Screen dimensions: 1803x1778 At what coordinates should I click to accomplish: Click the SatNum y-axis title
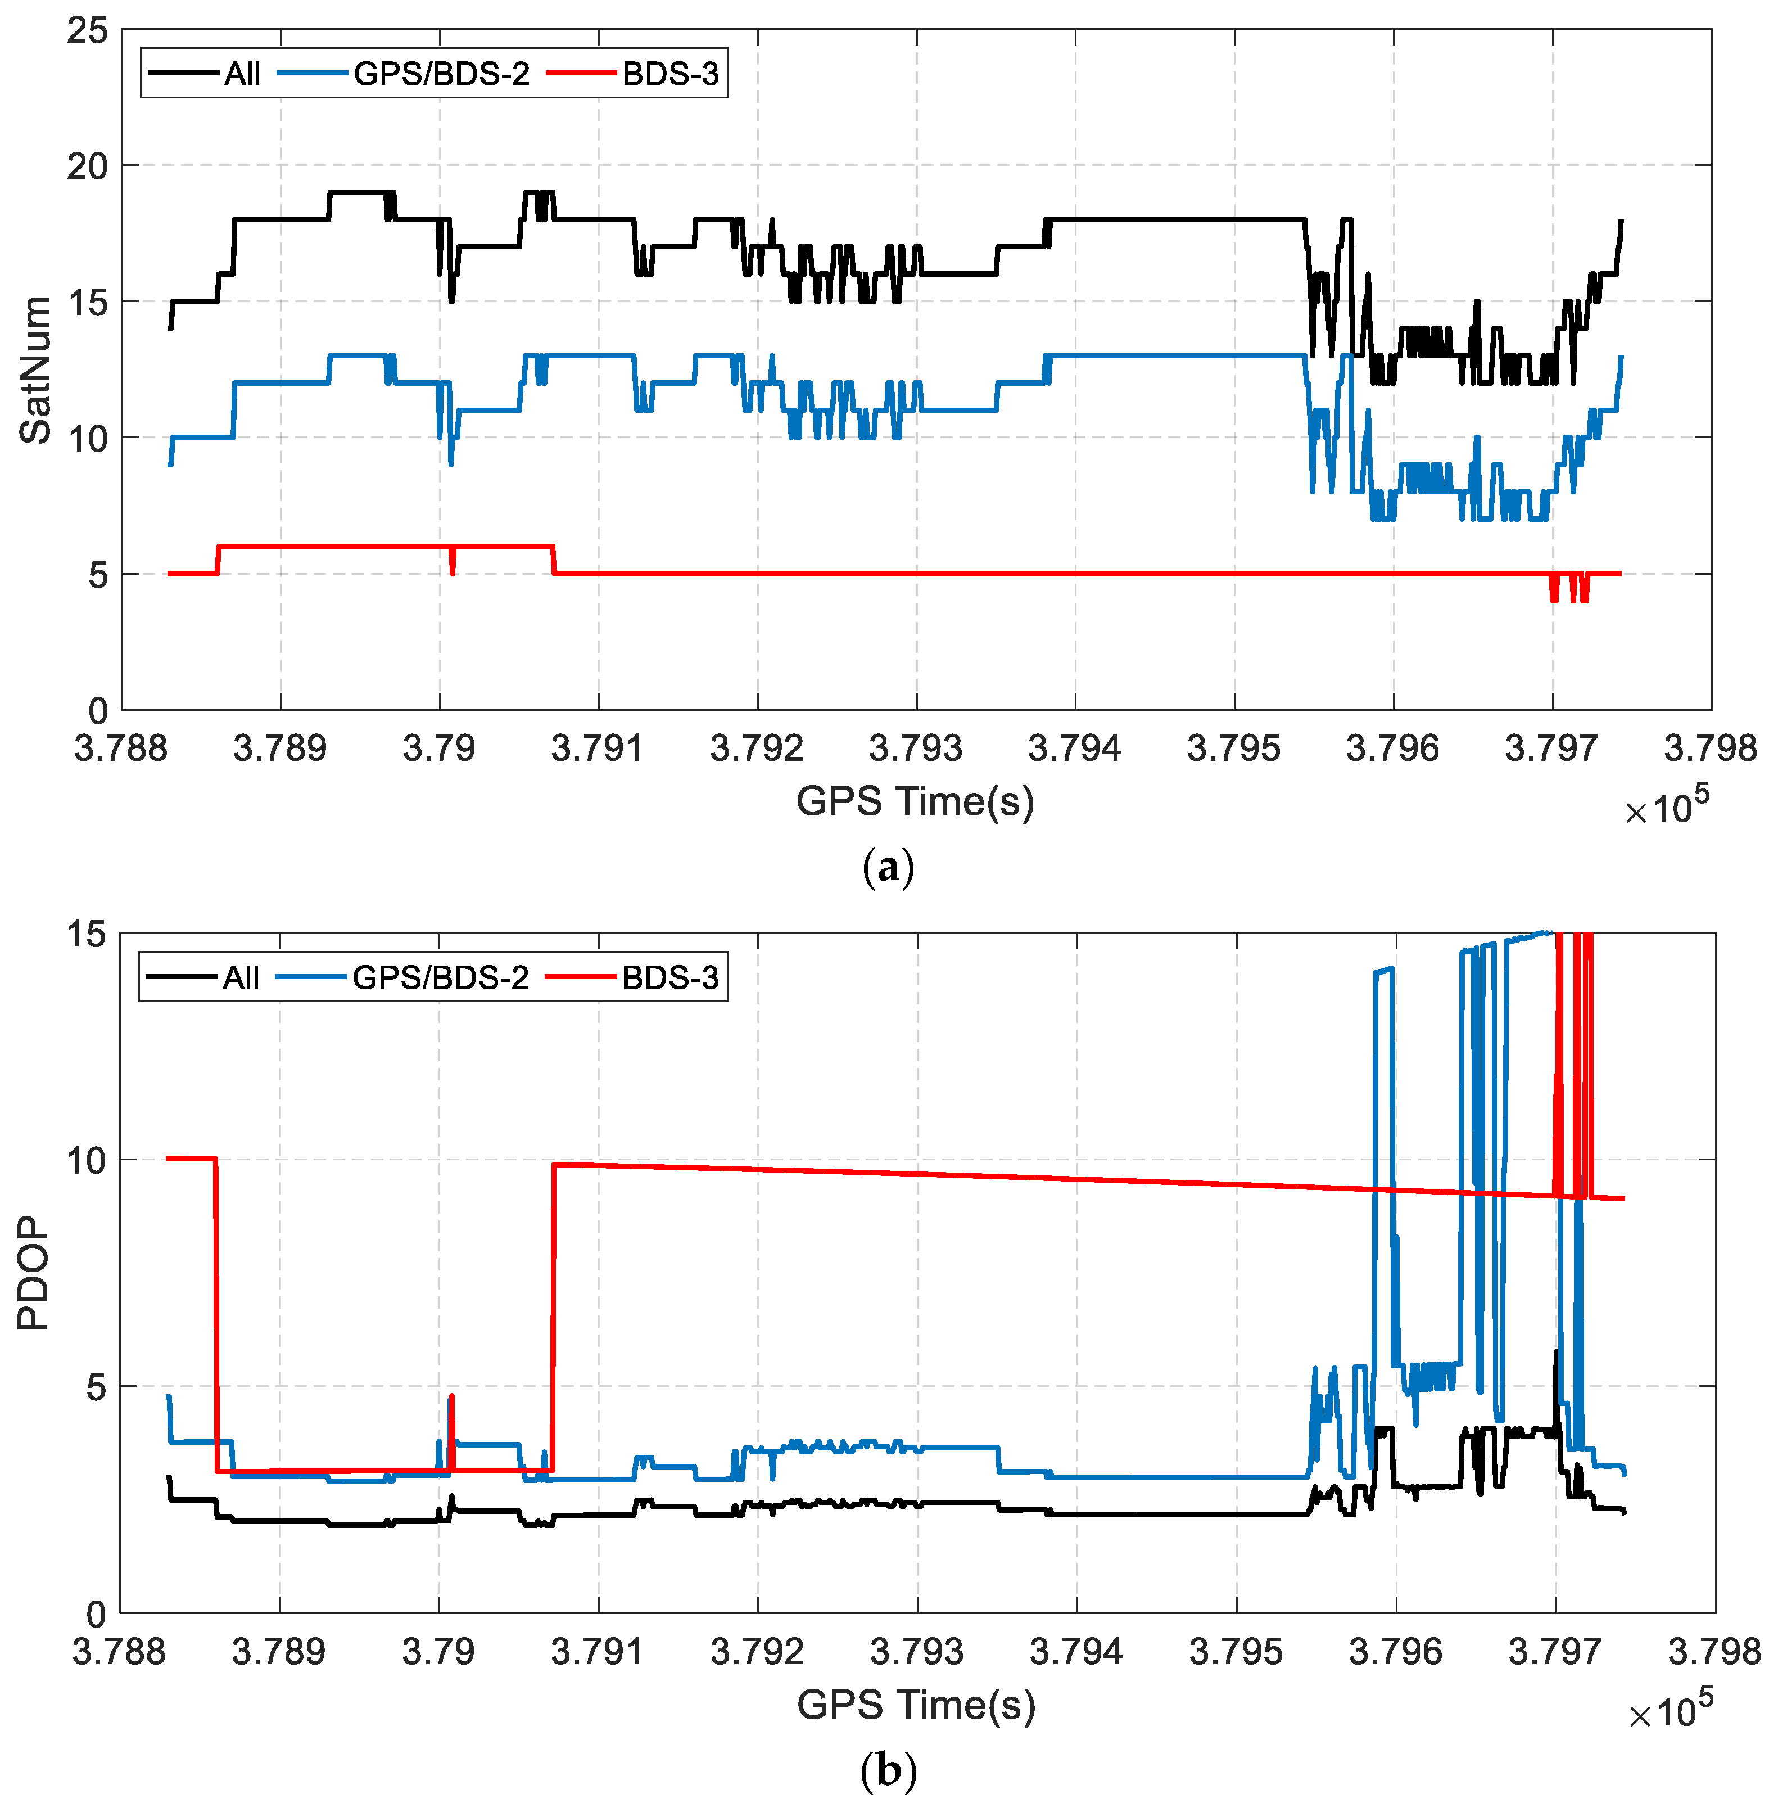pos(35,369)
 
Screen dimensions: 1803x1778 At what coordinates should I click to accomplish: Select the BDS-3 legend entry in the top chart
pos(670,74)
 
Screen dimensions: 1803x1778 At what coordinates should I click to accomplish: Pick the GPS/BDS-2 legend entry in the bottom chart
pos(440,977)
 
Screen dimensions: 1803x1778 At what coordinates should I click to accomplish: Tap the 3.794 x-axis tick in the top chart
pos(1075,747)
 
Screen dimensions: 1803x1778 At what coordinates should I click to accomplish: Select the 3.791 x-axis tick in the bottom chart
pos(597,1651)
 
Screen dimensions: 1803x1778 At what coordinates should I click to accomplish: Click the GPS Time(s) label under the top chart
pos(915,801)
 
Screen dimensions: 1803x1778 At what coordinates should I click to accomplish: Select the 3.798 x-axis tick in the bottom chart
pos(1713,1651)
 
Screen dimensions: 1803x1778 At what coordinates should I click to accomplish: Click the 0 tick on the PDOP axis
pos(96,1615)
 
